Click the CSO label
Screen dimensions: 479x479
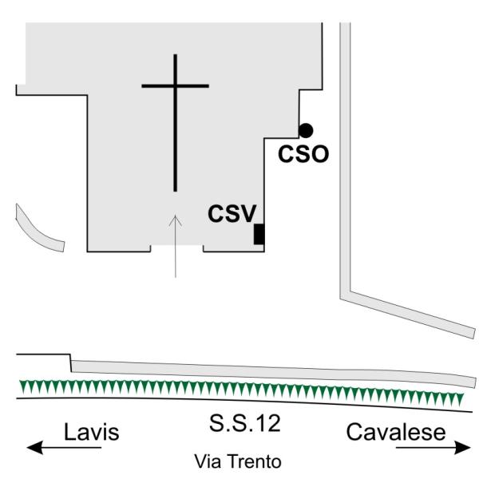[303, 153]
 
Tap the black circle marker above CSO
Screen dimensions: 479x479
[306, 131]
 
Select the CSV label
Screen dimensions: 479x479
[232, 213]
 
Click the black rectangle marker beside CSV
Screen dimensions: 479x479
[259, 234]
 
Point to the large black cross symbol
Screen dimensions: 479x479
[175, 123]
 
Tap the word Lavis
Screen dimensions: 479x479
[91, 432]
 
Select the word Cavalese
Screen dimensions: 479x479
[396, 432]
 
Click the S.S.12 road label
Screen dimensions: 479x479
[245, 423]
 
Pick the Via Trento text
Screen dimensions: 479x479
[238, 461]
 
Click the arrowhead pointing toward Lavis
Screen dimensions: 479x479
[34, 448]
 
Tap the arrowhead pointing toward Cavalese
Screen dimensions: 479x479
[462, 448]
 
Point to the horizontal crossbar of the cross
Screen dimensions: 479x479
[175, 86]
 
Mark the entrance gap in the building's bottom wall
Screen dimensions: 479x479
[177, 248]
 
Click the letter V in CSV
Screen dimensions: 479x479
[247, 213]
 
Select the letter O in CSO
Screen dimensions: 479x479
[320, 153]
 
